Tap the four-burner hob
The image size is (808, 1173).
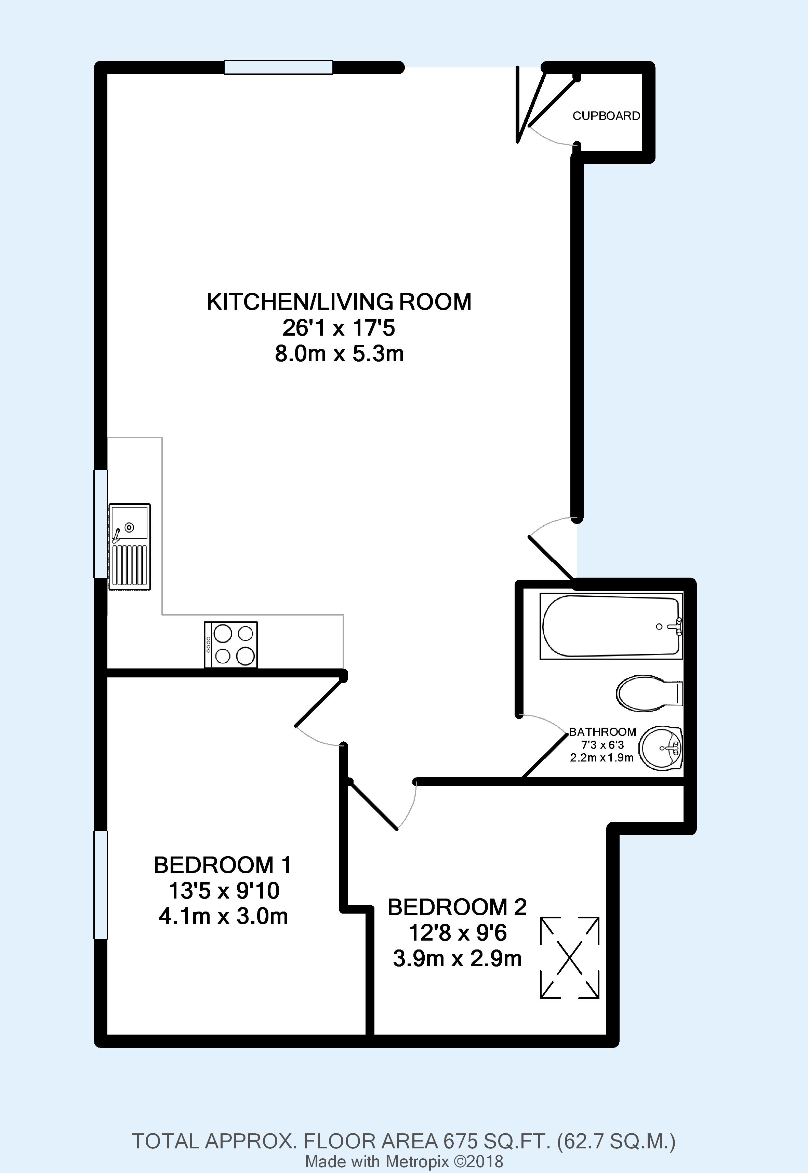230,645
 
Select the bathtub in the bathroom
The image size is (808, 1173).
611,626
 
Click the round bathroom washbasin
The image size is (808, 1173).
661,749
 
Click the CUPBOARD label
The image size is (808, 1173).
606,116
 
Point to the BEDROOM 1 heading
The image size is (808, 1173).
223,865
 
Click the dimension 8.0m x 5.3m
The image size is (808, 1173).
339,354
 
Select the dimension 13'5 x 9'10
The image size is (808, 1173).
224,891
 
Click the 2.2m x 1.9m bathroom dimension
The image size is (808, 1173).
602,757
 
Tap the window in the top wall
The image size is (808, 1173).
278,67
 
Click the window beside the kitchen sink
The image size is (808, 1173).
101,524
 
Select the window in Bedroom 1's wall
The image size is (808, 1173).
101,885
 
